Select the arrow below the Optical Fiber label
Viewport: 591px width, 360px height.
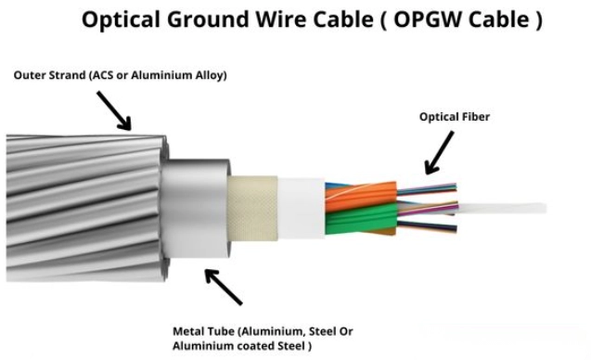tap(440, 153)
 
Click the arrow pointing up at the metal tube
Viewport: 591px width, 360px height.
tap(223, 287)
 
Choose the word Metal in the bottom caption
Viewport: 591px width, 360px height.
tap(189, 331)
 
